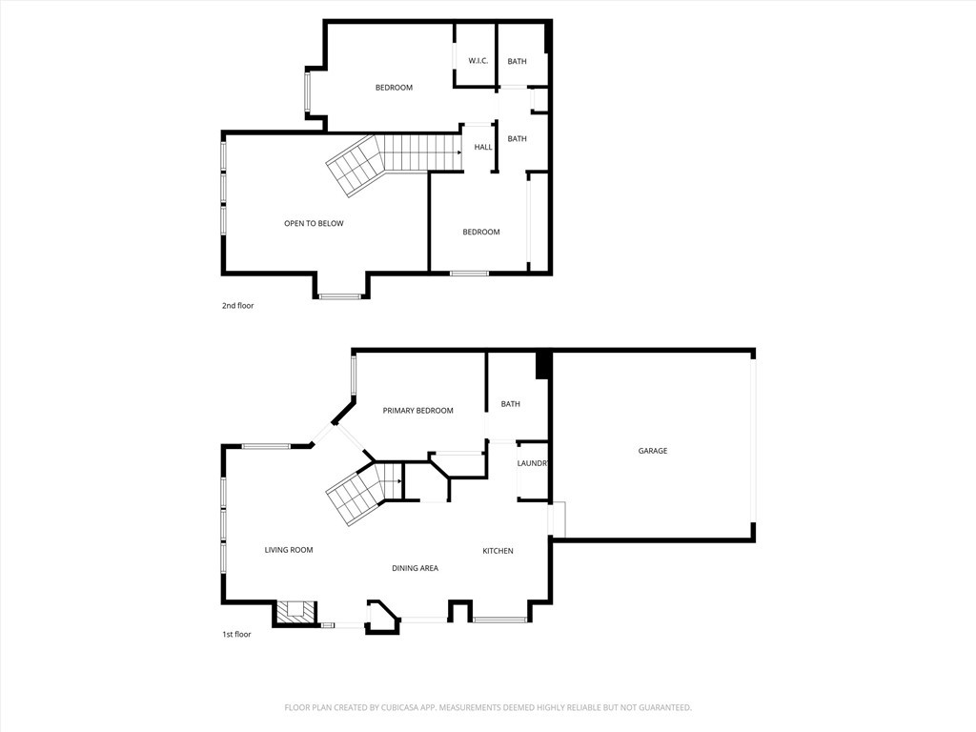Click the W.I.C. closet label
tap(478, 62)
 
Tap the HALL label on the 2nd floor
tap(483, 147)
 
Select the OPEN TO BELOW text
tap(314, 224)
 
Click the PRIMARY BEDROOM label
tap(417, 411)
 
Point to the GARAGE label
tap(653, 451)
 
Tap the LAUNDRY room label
tap(533, 464)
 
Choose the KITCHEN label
tap(498, 551)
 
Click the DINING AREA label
tap(415, 568)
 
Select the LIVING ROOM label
tap(289, 550)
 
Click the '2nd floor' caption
tap(238, 306)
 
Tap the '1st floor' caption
tap(237, 634)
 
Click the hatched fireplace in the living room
tap(295, 611)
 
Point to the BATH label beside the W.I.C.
tap(517, 62)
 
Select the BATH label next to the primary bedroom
tap(511, 404)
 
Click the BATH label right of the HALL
tap(517, 139)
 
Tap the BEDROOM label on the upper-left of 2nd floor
tap(394, 88)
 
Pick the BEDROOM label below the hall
tap(481, 233)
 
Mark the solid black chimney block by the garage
tap(543, 365)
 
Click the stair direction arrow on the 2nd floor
tap(457, 152)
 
